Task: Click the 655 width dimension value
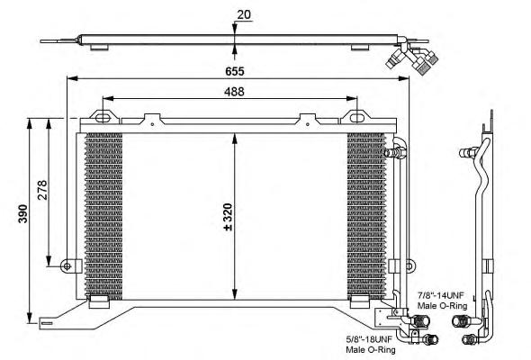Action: click(x=234, y=71)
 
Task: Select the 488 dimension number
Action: click(x=234, y=92)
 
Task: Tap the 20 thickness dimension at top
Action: click(x=244, y=14)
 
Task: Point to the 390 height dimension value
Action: click(x=23, y=213)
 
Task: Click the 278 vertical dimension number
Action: click(x=42, y=190)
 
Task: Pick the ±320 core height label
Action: click(x=228, y=217)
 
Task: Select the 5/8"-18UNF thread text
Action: click(x=369, y=338)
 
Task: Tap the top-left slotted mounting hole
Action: click(x=103, y=118)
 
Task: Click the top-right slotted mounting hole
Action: click(x=356, y=118)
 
